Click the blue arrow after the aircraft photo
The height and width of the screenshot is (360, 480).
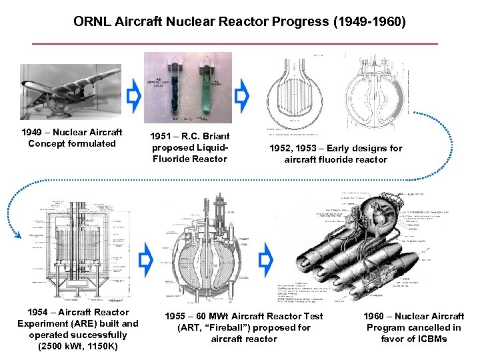tap(133, 97)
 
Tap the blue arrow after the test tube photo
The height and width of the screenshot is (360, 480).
tap(243, 97)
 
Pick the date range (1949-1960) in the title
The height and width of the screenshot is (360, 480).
tap(370, 22)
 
